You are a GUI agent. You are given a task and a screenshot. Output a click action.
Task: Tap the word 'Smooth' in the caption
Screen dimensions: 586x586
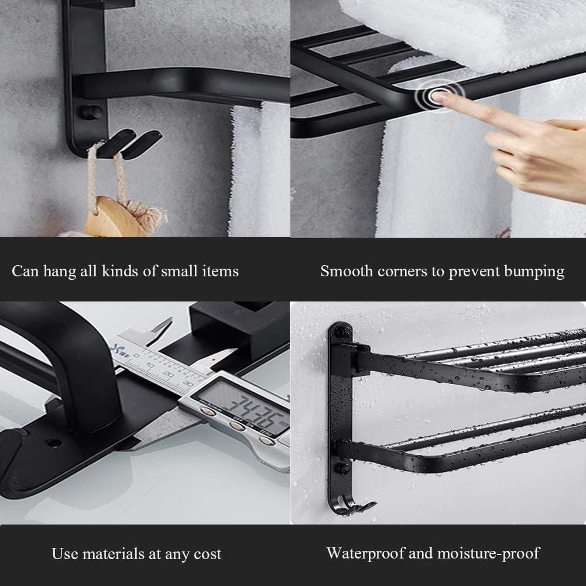[x=346, y=271]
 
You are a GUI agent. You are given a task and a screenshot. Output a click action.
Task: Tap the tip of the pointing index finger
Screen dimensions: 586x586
[x=440, y=97]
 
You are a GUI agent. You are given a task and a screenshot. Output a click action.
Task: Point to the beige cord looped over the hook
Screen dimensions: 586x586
[x=94, y=170]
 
